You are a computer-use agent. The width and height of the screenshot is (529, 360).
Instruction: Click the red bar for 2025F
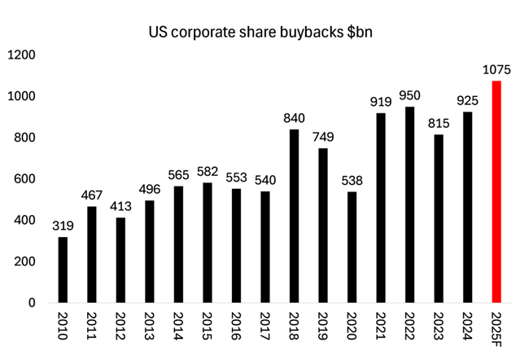click(496, 191)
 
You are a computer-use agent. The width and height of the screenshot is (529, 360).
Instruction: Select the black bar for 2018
click(294, 216)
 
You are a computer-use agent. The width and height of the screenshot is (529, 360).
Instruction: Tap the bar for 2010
click(63, 270)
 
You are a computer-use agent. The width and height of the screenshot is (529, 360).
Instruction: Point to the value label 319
click(63, 226)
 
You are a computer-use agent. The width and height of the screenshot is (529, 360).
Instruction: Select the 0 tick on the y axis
click(31, 303)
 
